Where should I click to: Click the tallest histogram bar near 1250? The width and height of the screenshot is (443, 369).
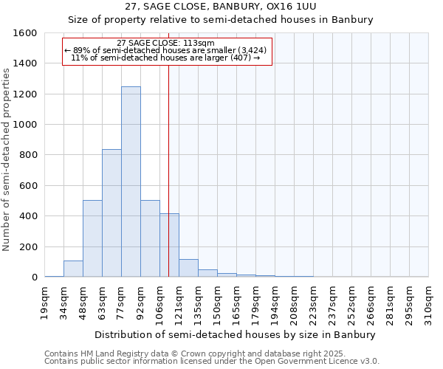(x=131, y=182)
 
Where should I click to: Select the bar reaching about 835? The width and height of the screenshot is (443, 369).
(x=111, y=213)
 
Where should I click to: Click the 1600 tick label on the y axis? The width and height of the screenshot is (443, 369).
(x=25, y=33)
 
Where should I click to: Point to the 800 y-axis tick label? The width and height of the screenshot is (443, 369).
(x=28, y=155)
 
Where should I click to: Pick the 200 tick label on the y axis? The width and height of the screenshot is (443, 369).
(x=28, y=246)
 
